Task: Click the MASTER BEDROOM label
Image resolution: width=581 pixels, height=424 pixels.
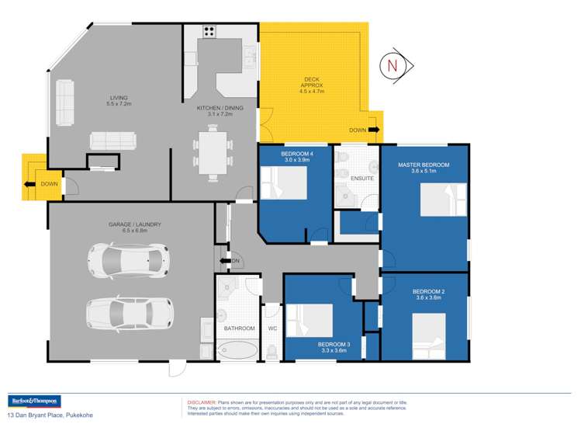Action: pos(424,165)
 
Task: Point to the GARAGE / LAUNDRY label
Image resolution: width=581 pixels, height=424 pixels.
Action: pos(135,224)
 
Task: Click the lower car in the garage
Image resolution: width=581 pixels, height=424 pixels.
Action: pos(129,312)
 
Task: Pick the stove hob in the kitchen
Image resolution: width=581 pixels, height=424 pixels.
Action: pos(209,32)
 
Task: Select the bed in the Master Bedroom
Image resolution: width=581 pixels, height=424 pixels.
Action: pos(443,201)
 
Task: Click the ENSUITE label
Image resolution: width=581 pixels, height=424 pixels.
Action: pos(362,179)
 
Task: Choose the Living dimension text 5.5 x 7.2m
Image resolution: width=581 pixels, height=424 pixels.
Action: pos(119,103)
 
